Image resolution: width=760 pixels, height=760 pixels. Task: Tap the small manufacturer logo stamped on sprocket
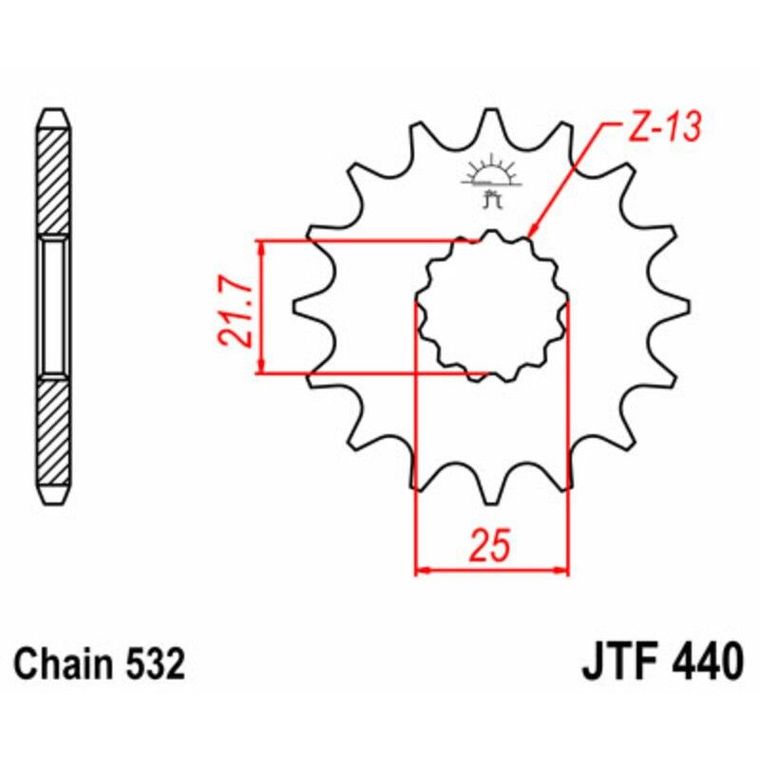[491, 181]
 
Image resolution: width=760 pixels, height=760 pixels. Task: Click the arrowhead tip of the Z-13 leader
[528, 234]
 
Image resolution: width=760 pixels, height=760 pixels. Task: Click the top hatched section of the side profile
[53, 180]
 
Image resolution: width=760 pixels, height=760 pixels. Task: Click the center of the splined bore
[492, 305]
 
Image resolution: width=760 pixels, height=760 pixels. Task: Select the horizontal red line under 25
[492, 572]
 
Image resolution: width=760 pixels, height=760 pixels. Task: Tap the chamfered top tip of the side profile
[53, 111]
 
